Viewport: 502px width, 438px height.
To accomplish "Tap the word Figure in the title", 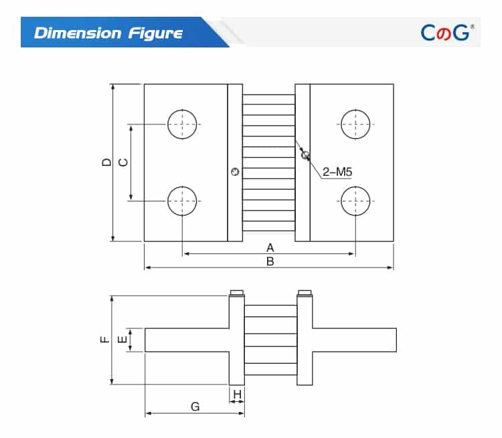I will pos(155,33).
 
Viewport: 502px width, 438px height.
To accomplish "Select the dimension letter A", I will pos(270,247).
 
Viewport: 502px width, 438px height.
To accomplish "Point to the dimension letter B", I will pos(270,261).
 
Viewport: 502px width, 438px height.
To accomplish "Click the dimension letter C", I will pos(122,162).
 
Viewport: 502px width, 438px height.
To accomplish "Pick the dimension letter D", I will pos(106,162).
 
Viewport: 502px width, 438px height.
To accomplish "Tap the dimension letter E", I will pos(122,340).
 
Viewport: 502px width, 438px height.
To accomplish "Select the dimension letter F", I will pos(104,340).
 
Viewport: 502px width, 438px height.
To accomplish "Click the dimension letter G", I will pos(195,406).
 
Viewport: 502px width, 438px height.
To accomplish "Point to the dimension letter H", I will pos(237,394).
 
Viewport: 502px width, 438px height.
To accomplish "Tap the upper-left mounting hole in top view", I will pos(183,124).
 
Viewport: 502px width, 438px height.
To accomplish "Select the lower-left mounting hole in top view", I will pos(183,201).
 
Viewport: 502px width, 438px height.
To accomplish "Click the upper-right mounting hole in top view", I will pos(355,124).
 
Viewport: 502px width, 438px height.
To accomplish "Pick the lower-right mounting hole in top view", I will pos(355,201).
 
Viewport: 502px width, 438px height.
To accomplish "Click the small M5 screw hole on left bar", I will pos(234,173).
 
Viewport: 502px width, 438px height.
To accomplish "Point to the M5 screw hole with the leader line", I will pos(305,155).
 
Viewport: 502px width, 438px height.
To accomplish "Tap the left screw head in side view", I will pos(236,293).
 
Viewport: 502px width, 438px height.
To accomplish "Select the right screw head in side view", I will pos(304,293).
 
